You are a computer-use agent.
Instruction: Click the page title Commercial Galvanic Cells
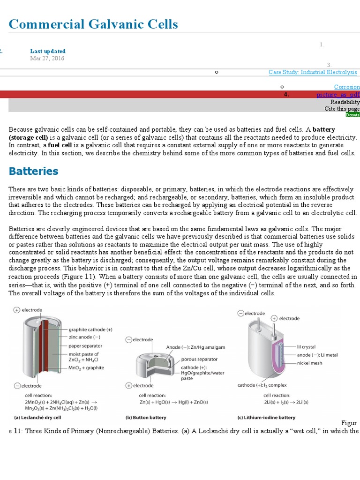click(x=93, y=24)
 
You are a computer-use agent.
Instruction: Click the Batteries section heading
click(x=33, y=171)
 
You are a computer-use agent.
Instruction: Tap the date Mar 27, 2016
click(x=47, y=59)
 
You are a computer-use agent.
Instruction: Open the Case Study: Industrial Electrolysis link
click(x=313, y=72)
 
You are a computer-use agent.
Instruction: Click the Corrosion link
click(x=346, y=87)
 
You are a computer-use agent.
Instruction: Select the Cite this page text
click(x=342, y=109)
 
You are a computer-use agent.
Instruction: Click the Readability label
click(x=345, y=102)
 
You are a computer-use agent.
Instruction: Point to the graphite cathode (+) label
click(x=90, y=330)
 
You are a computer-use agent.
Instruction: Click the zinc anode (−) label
click(x=84, y=337)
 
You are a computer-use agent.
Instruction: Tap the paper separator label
click(x=85, y=346)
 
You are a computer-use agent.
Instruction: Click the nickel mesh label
click(x=310, y=362)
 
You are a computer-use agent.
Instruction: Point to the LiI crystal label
click(x=306, y=347)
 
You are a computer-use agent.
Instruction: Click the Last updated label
click(x=48, y=51)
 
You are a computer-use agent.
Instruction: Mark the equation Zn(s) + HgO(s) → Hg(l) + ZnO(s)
click(x=173, y=402)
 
